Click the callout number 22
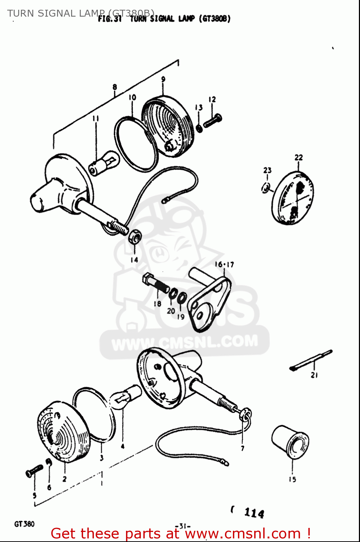pyautogui.click(x=299, y=158)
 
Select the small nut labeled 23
pyautogui.click(x=266, y=188)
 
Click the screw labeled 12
pyautogui.click(x=213, y=120)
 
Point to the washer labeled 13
pyautogui.click(x=199, y=128)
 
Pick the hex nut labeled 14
pyautogui.click(x=135, y=236)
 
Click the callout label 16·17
pyautogui.click(x=224, y=264)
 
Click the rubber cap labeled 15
pyautogui.click(x=290, y=442)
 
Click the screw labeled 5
pyautogui.click(x=34, y=470)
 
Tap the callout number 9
pyautogui.click(x=163, y=79)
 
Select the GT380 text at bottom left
pyautogui.click(x=24, y=524)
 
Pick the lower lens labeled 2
pyautogui.click(x=64, y=431)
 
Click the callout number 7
pyautogui.click(x=243, y=448)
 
